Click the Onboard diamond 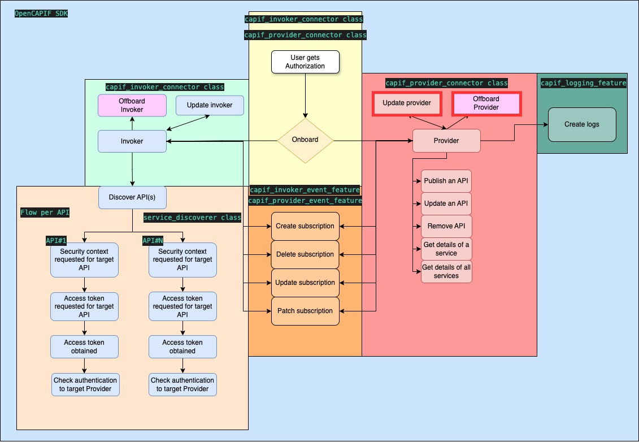305,140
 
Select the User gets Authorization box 305,62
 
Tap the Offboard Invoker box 132,106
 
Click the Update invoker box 210,106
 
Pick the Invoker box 132,141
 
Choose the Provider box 446,141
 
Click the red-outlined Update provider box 407,103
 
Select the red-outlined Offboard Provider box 486,103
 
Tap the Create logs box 581,124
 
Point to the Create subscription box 305,226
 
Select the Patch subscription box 305,311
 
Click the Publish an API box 446,181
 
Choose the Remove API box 446,226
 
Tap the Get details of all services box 446,272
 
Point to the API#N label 153,241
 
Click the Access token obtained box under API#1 84,346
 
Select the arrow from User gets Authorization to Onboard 305,96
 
